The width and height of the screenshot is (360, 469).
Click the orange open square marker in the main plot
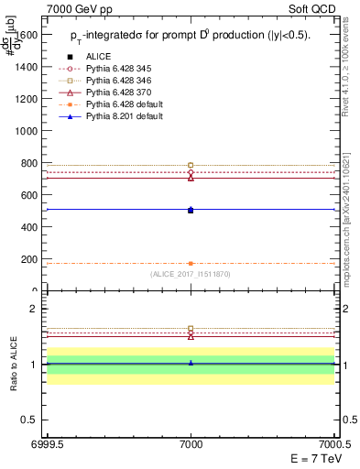(x=191, y=165)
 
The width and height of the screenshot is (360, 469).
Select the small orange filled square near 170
(x=191, y=264)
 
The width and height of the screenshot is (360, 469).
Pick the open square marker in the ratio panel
(x=191, y=328)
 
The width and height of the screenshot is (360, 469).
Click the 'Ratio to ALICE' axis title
(x=15, y=365)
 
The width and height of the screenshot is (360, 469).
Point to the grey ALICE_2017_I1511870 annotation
(x=191, y=274)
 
